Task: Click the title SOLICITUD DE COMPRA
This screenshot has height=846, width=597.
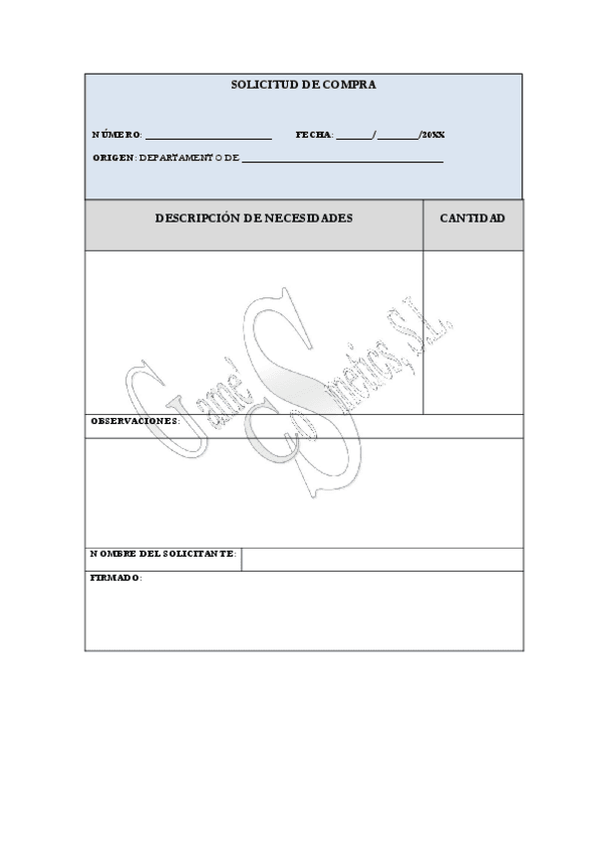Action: tap(303, 86)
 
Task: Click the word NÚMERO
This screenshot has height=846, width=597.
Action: tap(116, 135)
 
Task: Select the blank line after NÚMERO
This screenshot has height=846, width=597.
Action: tap(208, 136)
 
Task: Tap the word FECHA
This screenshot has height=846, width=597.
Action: tap(314, 135)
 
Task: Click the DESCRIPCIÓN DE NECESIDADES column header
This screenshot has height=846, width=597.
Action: tap(253, 217)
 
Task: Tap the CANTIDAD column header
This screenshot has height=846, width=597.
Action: tap(472, 217)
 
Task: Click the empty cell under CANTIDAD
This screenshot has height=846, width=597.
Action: tap(472, 331)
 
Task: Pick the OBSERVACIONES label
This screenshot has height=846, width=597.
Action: tap(136, 421)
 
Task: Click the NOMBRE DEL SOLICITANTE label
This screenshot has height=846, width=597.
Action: tap(162, 554)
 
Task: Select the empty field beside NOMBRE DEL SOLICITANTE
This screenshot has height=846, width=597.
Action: tap(382, 559)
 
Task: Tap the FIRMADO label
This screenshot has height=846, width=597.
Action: tap(116, 578)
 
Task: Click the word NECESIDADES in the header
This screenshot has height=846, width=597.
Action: tap(308, 217)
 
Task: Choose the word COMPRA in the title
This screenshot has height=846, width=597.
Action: tap(350, 86)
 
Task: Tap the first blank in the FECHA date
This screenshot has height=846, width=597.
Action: tap(354, 136)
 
